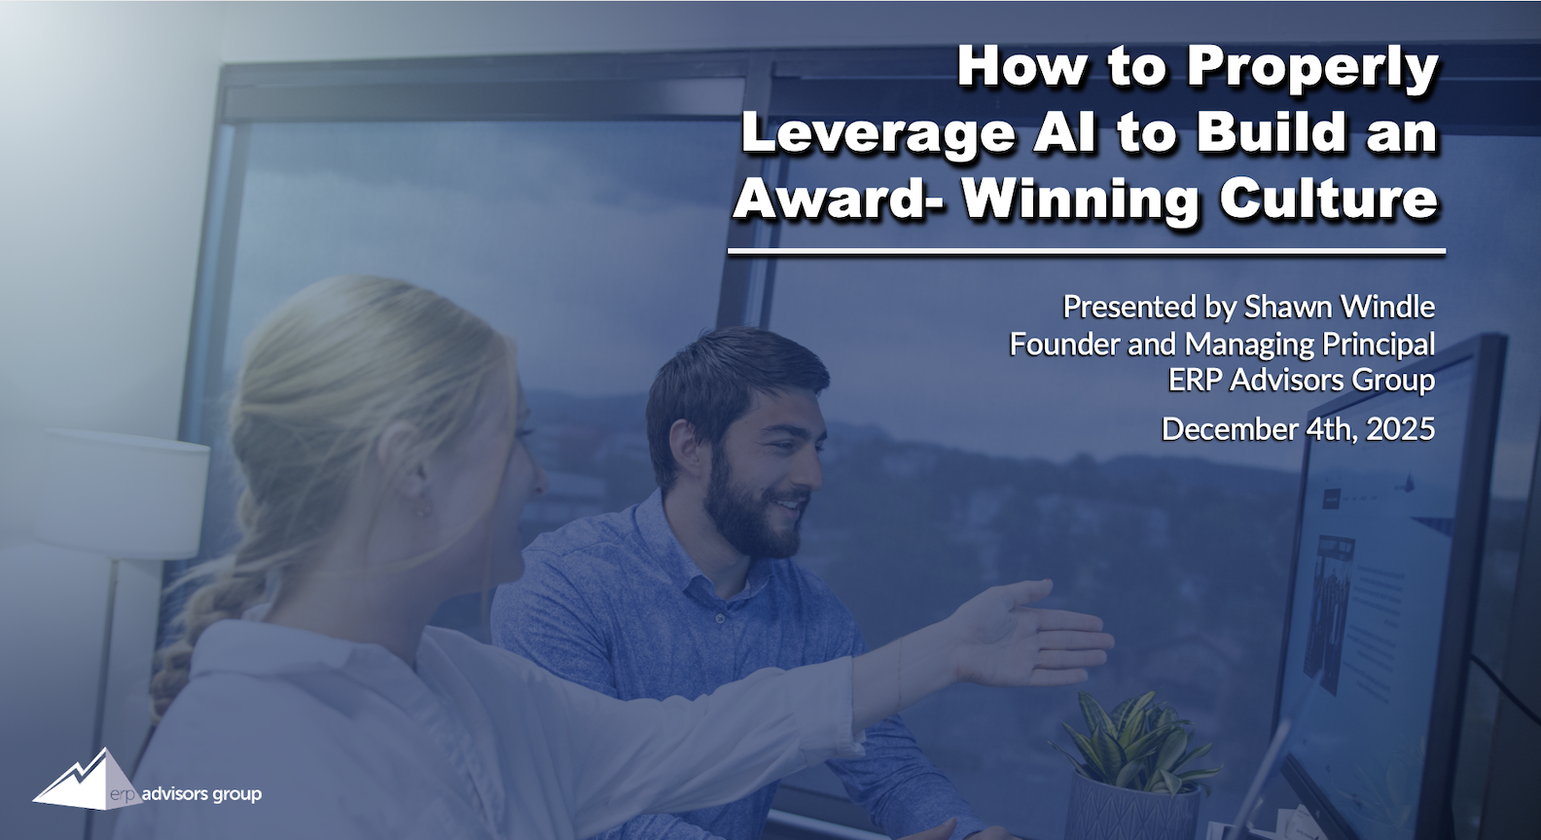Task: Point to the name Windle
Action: point(1388,307)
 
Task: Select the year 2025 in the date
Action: point(1401,429)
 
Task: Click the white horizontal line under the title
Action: point(1087,252)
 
